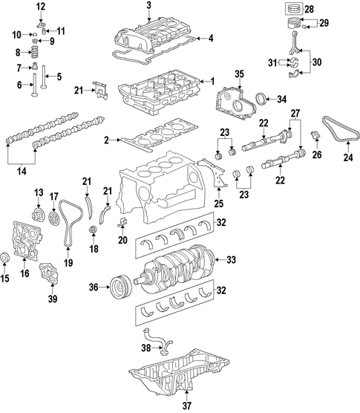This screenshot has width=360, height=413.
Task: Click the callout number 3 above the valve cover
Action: pyautogui.click(x=149, y=5)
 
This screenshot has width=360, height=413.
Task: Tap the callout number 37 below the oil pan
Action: pyautogui.click(x=187, y=406)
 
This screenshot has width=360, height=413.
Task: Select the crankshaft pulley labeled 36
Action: pyautogui.click(x=121, y=287)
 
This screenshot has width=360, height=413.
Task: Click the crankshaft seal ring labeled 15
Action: pyautogui.click(x=5, y=258)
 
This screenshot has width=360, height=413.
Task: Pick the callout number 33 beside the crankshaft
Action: pyautogui.click(x=232, y=260)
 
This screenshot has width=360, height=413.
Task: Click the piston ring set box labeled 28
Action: pyautogui.click(x=294, y=9)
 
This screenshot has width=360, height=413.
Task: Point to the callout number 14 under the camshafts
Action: pyautogui.click(x=22, y=172)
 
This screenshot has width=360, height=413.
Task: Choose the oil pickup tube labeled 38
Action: pyautogui.click(x=158, y=340)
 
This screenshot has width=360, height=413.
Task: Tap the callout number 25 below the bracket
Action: pyautogui.click(x=218, y=204)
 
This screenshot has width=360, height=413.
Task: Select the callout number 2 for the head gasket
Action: pyautogui.click(x=106, y=140)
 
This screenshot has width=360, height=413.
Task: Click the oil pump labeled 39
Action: pyautogui.click(x=49, y=274)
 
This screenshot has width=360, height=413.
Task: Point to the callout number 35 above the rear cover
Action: pyautogui.click(x=240, y=74)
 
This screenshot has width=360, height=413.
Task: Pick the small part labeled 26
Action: pyautogui.click(x=316, y=134)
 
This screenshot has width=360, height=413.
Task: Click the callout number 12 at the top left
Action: pyautogui.click(x=41, y=7)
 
